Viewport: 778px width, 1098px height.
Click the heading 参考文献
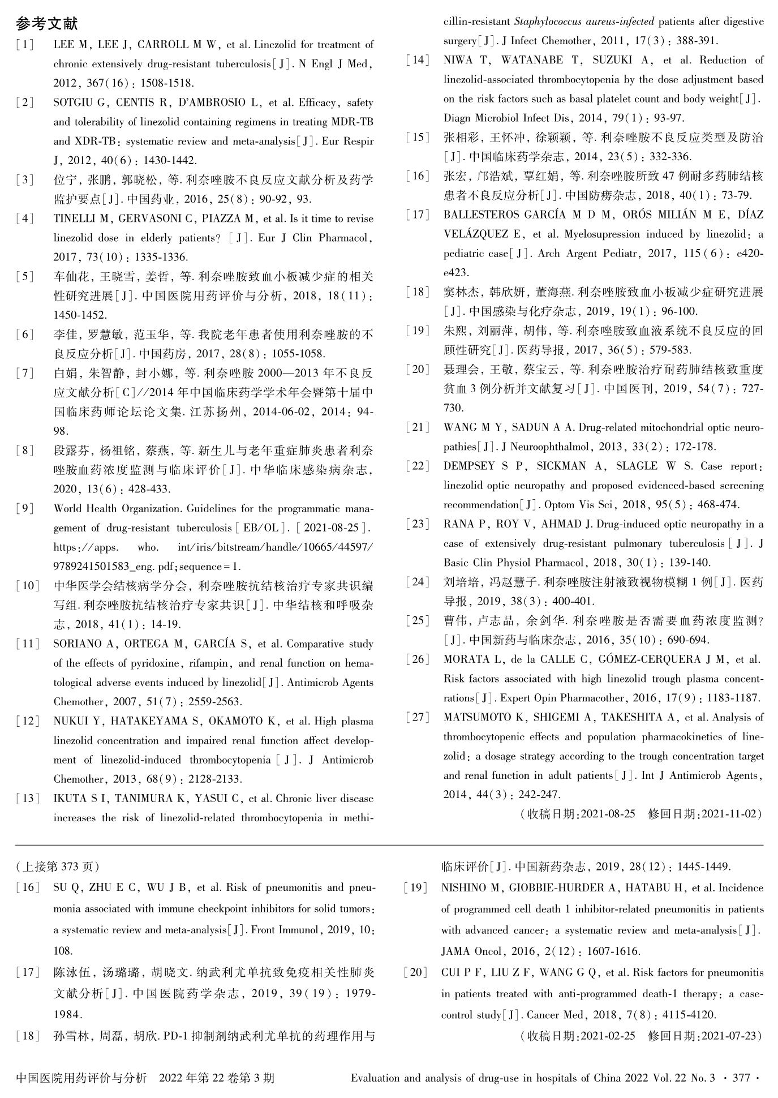click(x=47, y=24)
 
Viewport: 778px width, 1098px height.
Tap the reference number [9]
click(x=25, y=508)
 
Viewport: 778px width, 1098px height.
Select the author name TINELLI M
click(x=78, y=218)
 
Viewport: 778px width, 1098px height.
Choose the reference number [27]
click(x=418, y=717)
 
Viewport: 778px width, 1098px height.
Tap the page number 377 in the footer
click(x=741, y=1078)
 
